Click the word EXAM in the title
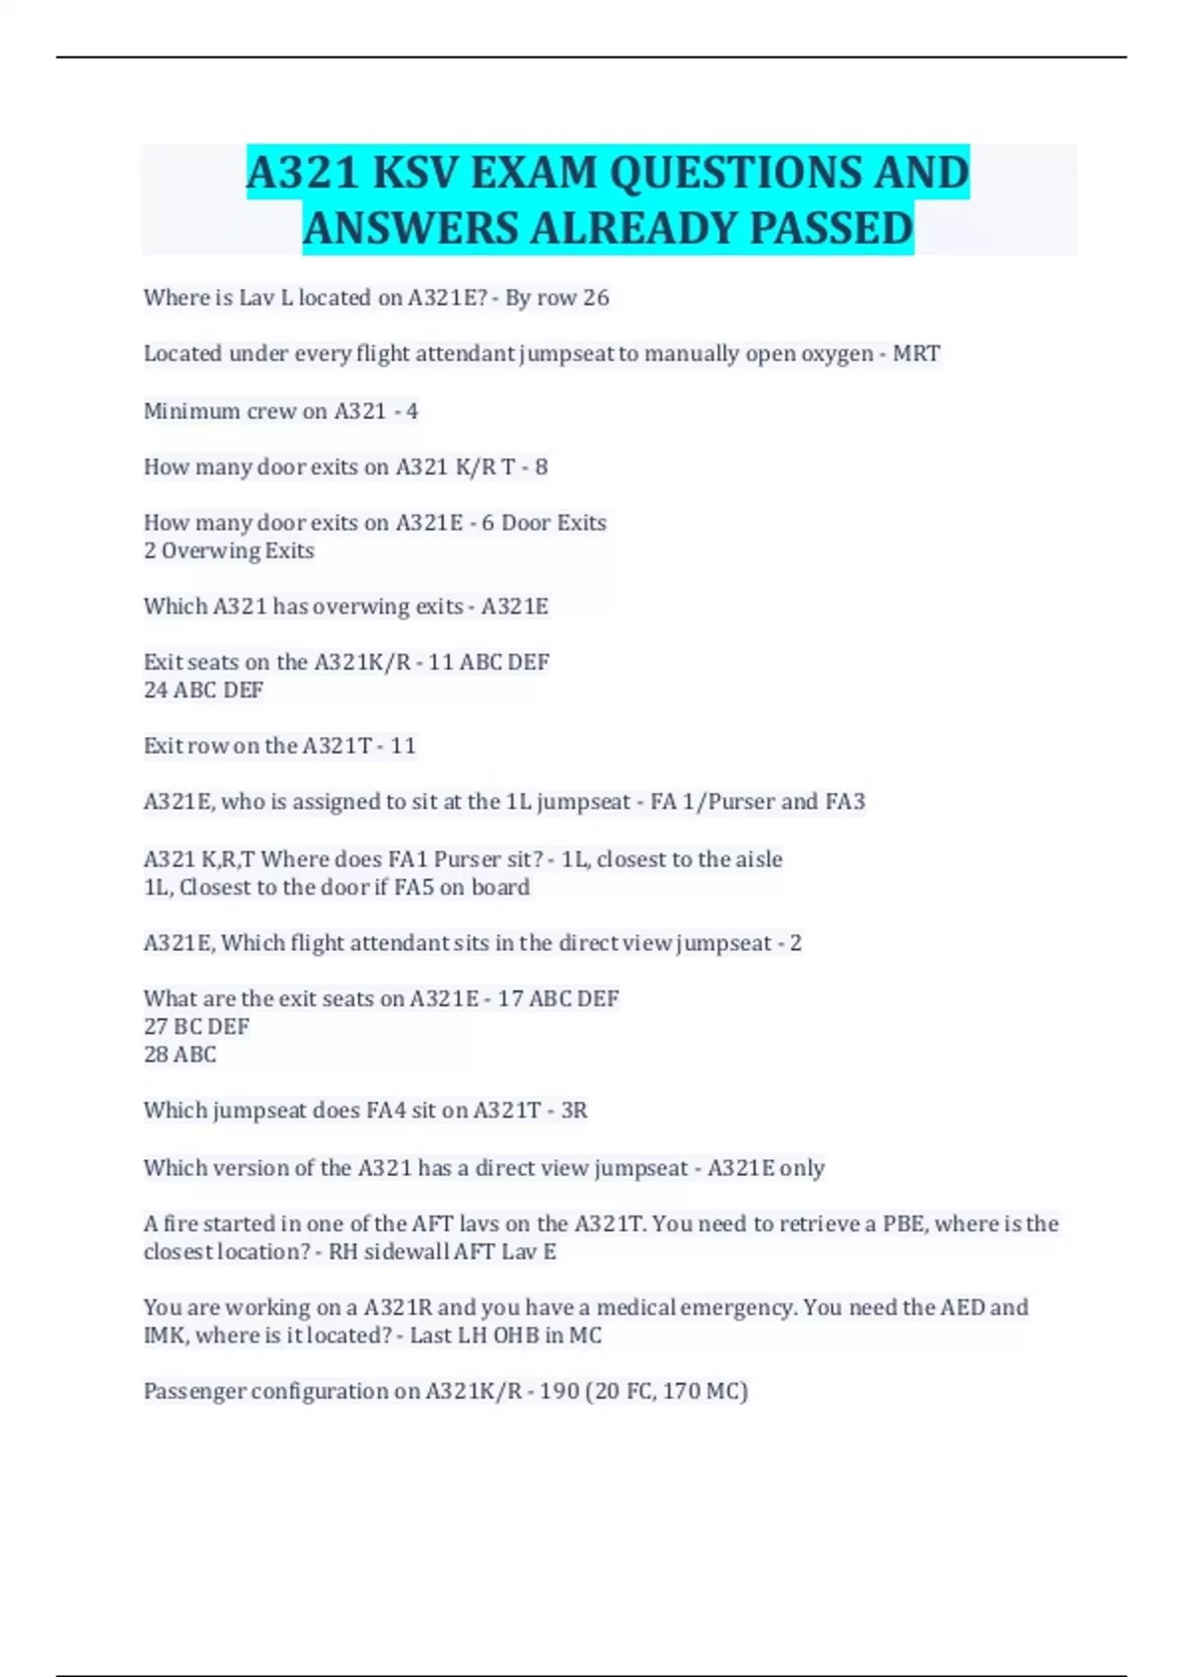click(x=534, y=174)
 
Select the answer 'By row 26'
click(x=557, y=298)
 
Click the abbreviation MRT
click(x=916, y=354)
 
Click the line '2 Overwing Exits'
click(x=229, y=550)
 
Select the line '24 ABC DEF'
click(x=203, y=691)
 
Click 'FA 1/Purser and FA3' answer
click(x=757, y=802)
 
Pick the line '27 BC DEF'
click(x=196, y=1027)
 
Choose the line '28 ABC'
click(x=180, y=1055)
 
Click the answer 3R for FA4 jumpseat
click(x=573, y=1111)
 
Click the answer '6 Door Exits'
click(x=544, y=523)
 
